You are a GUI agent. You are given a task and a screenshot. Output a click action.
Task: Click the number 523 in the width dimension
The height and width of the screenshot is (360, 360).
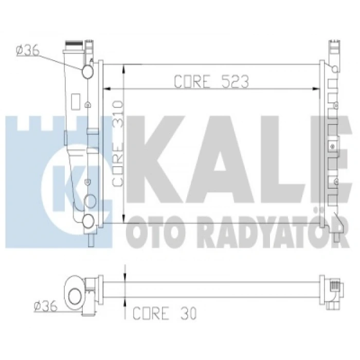tap(235, 81)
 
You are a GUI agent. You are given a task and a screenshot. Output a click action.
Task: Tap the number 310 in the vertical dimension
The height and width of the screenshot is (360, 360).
tap(118, 114)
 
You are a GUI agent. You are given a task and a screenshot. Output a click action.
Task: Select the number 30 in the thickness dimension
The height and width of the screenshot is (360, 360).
tap(189, 313)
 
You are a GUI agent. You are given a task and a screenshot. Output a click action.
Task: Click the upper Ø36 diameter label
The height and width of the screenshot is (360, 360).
tap(28, 51)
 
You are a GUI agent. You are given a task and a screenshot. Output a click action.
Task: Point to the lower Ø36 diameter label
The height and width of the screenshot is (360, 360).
tap(45, 306)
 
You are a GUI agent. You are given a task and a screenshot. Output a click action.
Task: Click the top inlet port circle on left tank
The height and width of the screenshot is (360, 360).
tap(87, 71)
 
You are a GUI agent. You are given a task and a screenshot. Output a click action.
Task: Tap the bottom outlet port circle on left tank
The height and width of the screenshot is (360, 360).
tap(88, 221)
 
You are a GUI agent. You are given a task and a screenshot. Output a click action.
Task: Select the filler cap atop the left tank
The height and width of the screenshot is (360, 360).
tap(74, 43)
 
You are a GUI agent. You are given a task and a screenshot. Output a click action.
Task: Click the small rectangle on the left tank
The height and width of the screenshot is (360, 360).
tap(76, 102)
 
